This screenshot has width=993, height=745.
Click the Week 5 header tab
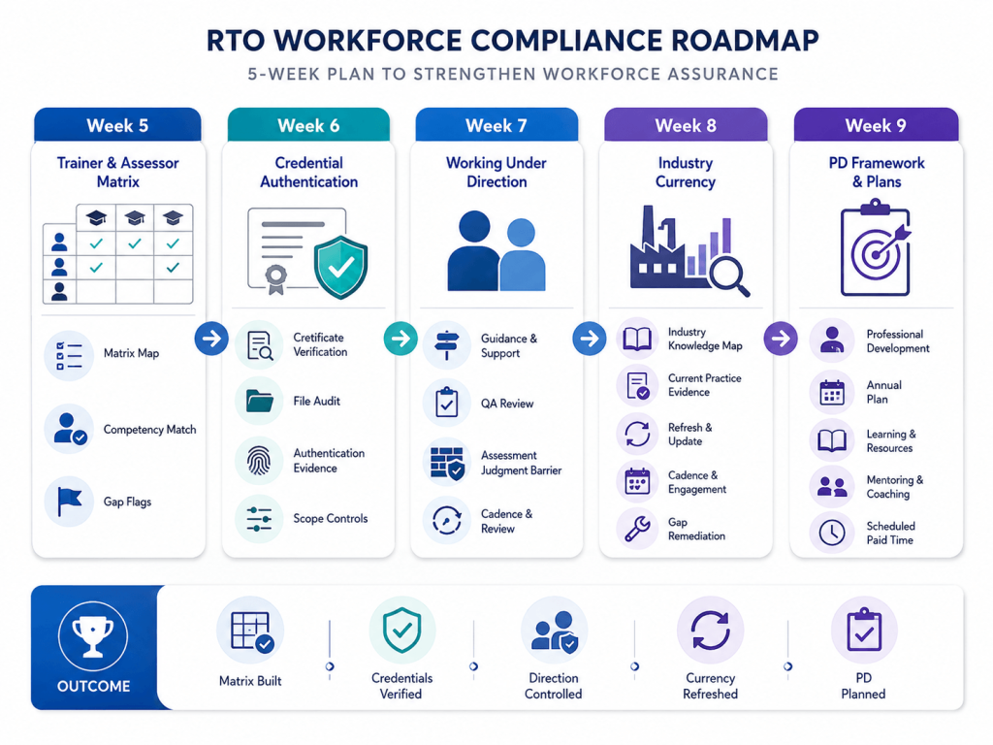[x=117, y=125]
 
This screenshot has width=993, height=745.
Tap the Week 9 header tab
[x=876, y=125]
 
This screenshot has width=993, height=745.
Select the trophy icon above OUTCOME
[x=93, y=635]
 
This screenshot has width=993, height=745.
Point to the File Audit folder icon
[x=260, y=401]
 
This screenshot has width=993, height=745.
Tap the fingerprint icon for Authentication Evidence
[x=259, y=461]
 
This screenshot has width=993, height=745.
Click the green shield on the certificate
[x=340, y=267]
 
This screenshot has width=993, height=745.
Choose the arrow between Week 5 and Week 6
[x=211, y=339]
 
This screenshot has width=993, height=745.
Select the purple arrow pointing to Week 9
[x=781, y=339]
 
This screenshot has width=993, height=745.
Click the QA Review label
[x=506, y=404]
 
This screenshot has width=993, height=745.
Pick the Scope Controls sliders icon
[x=259, y=519]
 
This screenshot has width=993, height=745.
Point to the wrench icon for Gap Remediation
[x=637, y=529]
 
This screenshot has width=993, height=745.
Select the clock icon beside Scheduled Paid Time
[x=831, y=533]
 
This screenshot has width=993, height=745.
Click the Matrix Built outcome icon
[x=250, y=631]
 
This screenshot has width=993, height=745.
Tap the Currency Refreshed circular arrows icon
[x=710, y=631]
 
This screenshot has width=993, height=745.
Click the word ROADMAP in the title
[x=745, y=41]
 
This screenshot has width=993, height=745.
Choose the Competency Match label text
[x=149, y=430]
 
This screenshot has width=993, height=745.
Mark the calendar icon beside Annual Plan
[x=831, y=392]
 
